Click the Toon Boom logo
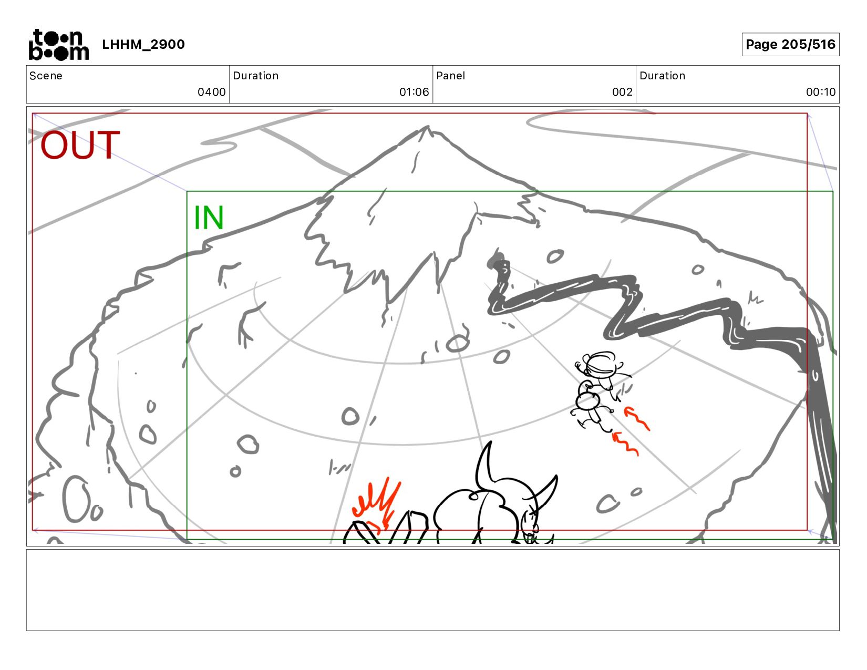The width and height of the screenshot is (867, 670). [59, 45]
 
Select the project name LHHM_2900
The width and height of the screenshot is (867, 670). [143, 44]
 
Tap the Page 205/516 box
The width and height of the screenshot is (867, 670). [790, 44]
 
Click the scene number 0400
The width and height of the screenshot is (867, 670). [211, 92]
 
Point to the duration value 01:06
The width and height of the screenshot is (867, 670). [414, 92]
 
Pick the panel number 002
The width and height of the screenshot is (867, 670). [622, 92]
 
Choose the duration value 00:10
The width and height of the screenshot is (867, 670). [821, 92]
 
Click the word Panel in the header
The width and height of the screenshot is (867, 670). [450, 76]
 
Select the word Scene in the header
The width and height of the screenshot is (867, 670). [46, 76]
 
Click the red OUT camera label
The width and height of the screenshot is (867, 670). [80, 145]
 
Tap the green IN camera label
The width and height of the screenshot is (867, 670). [208, 218]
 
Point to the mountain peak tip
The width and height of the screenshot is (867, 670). [428, 127]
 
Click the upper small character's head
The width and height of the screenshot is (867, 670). [601, 365]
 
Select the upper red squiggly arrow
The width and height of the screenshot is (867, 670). [637, 418]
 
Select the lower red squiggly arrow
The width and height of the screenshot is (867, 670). [625, 444]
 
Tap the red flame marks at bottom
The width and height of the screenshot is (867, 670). [376, 503]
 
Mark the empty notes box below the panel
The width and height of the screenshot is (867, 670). [433, 590]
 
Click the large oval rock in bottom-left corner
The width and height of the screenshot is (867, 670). [76, 499]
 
